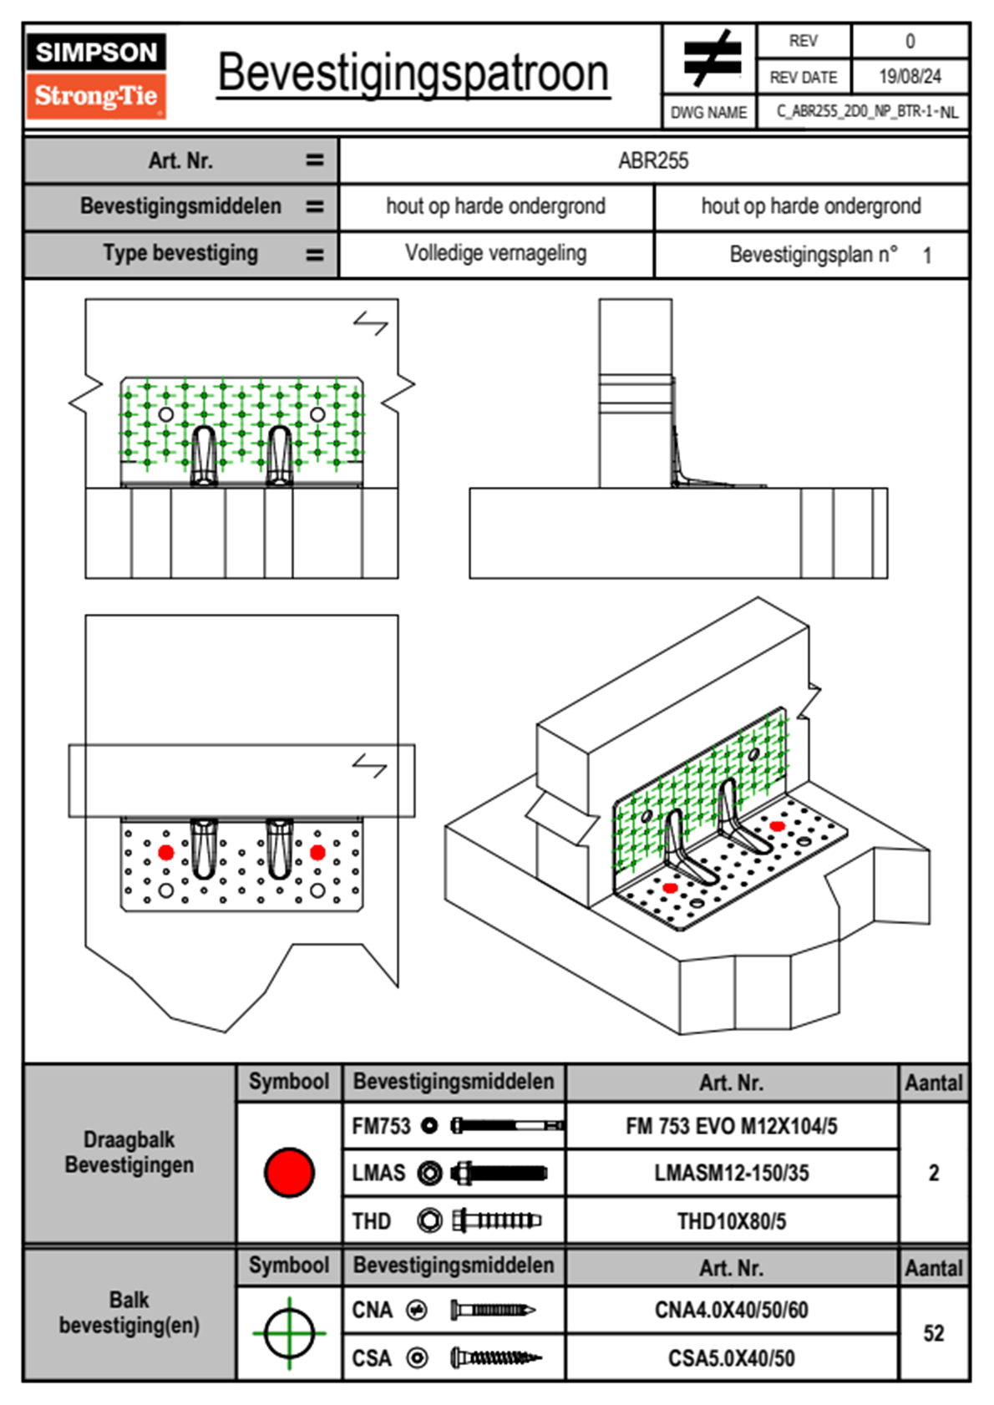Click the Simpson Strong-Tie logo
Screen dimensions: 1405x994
(96, 76)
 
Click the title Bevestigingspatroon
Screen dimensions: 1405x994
(413, 74)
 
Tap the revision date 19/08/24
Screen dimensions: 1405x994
(910, 77)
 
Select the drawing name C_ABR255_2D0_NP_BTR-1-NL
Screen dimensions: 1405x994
(866, 112)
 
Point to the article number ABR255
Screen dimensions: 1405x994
(653, 161)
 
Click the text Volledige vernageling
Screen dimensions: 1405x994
(495, 253)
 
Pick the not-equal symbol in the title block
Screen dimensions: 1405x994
(712, 58)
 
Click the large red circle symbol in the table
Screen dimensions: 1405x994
(289, 1172)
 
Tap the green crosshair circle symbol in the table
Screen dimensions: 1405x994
(289, 1333)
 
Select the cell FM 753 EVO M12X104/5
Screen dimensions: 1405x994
(731, 1126)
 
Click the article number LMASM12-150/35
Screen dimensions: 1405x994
(731, 1173)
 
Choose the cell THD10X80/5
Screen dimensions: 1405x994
(731, 1221)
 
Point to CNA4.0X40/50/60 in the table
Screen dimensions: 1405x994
(731, 1310)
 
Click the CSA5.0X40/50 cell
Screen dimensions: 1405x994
(731, 1358)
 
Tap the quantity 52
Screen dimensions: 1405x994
(934, 1333)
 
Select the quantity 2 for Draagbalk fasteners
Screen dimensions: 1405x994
(934, 1173)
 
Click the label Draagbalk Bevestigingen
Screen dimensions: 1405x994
(129, 1152)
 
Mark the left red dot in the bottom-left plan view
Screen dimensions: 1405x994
(166, 852)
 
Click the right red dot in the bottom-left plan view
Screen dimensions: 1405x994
(317, 852)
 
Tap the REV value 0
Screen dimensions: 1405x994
(910, 41)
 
